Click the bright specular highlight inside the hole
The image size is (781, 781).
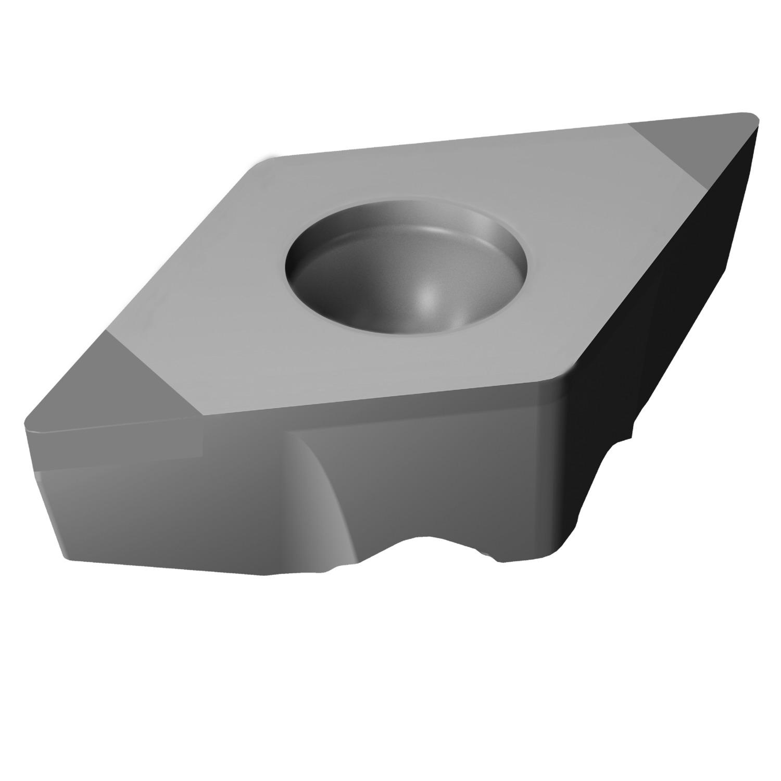[x=428, y=298]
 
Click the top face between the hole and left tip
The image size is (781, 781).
[x=208, y=333]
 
